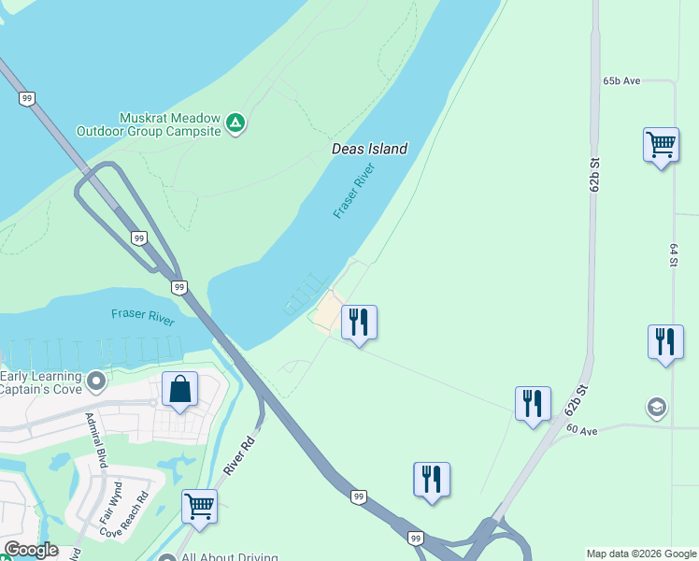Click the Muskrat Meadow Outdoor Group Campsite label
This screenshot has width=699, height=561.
pyautogui.click(x=169, y=124)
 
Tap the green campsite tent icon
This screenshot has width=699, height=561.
pyautogui.click(x=236, y=122)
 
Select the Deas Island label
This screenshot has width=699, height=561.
pyautogui.click(x=369, y=149)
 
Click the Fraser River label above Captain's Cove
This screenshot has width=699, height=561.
pyautogui.click(x=142, y=317)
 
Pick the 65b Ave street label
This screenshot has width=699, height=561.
pyautogui.click(x=621, y=81)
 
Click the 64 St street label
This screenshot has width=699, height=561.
pyautogui.click(x=673, y=255)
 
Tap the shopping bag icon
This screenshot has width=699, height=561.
pyautogui.click(x=179, y=390)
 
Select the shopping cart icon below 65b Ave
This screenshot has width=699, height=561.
pyautogui.click(x=661, y=146)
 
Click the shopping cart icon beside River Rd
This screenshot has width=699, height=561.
pyautogui.click(x=199, y=508)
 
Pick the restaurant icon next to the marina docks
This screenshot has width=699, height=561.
pyautogui.click(x=359, y=323)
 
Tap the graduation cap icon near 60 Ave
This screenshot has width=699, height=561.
pyautogui.click(x=657, y=408)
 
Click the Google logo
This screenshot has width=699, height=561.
pyautogui.click(x=30, y=550)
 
